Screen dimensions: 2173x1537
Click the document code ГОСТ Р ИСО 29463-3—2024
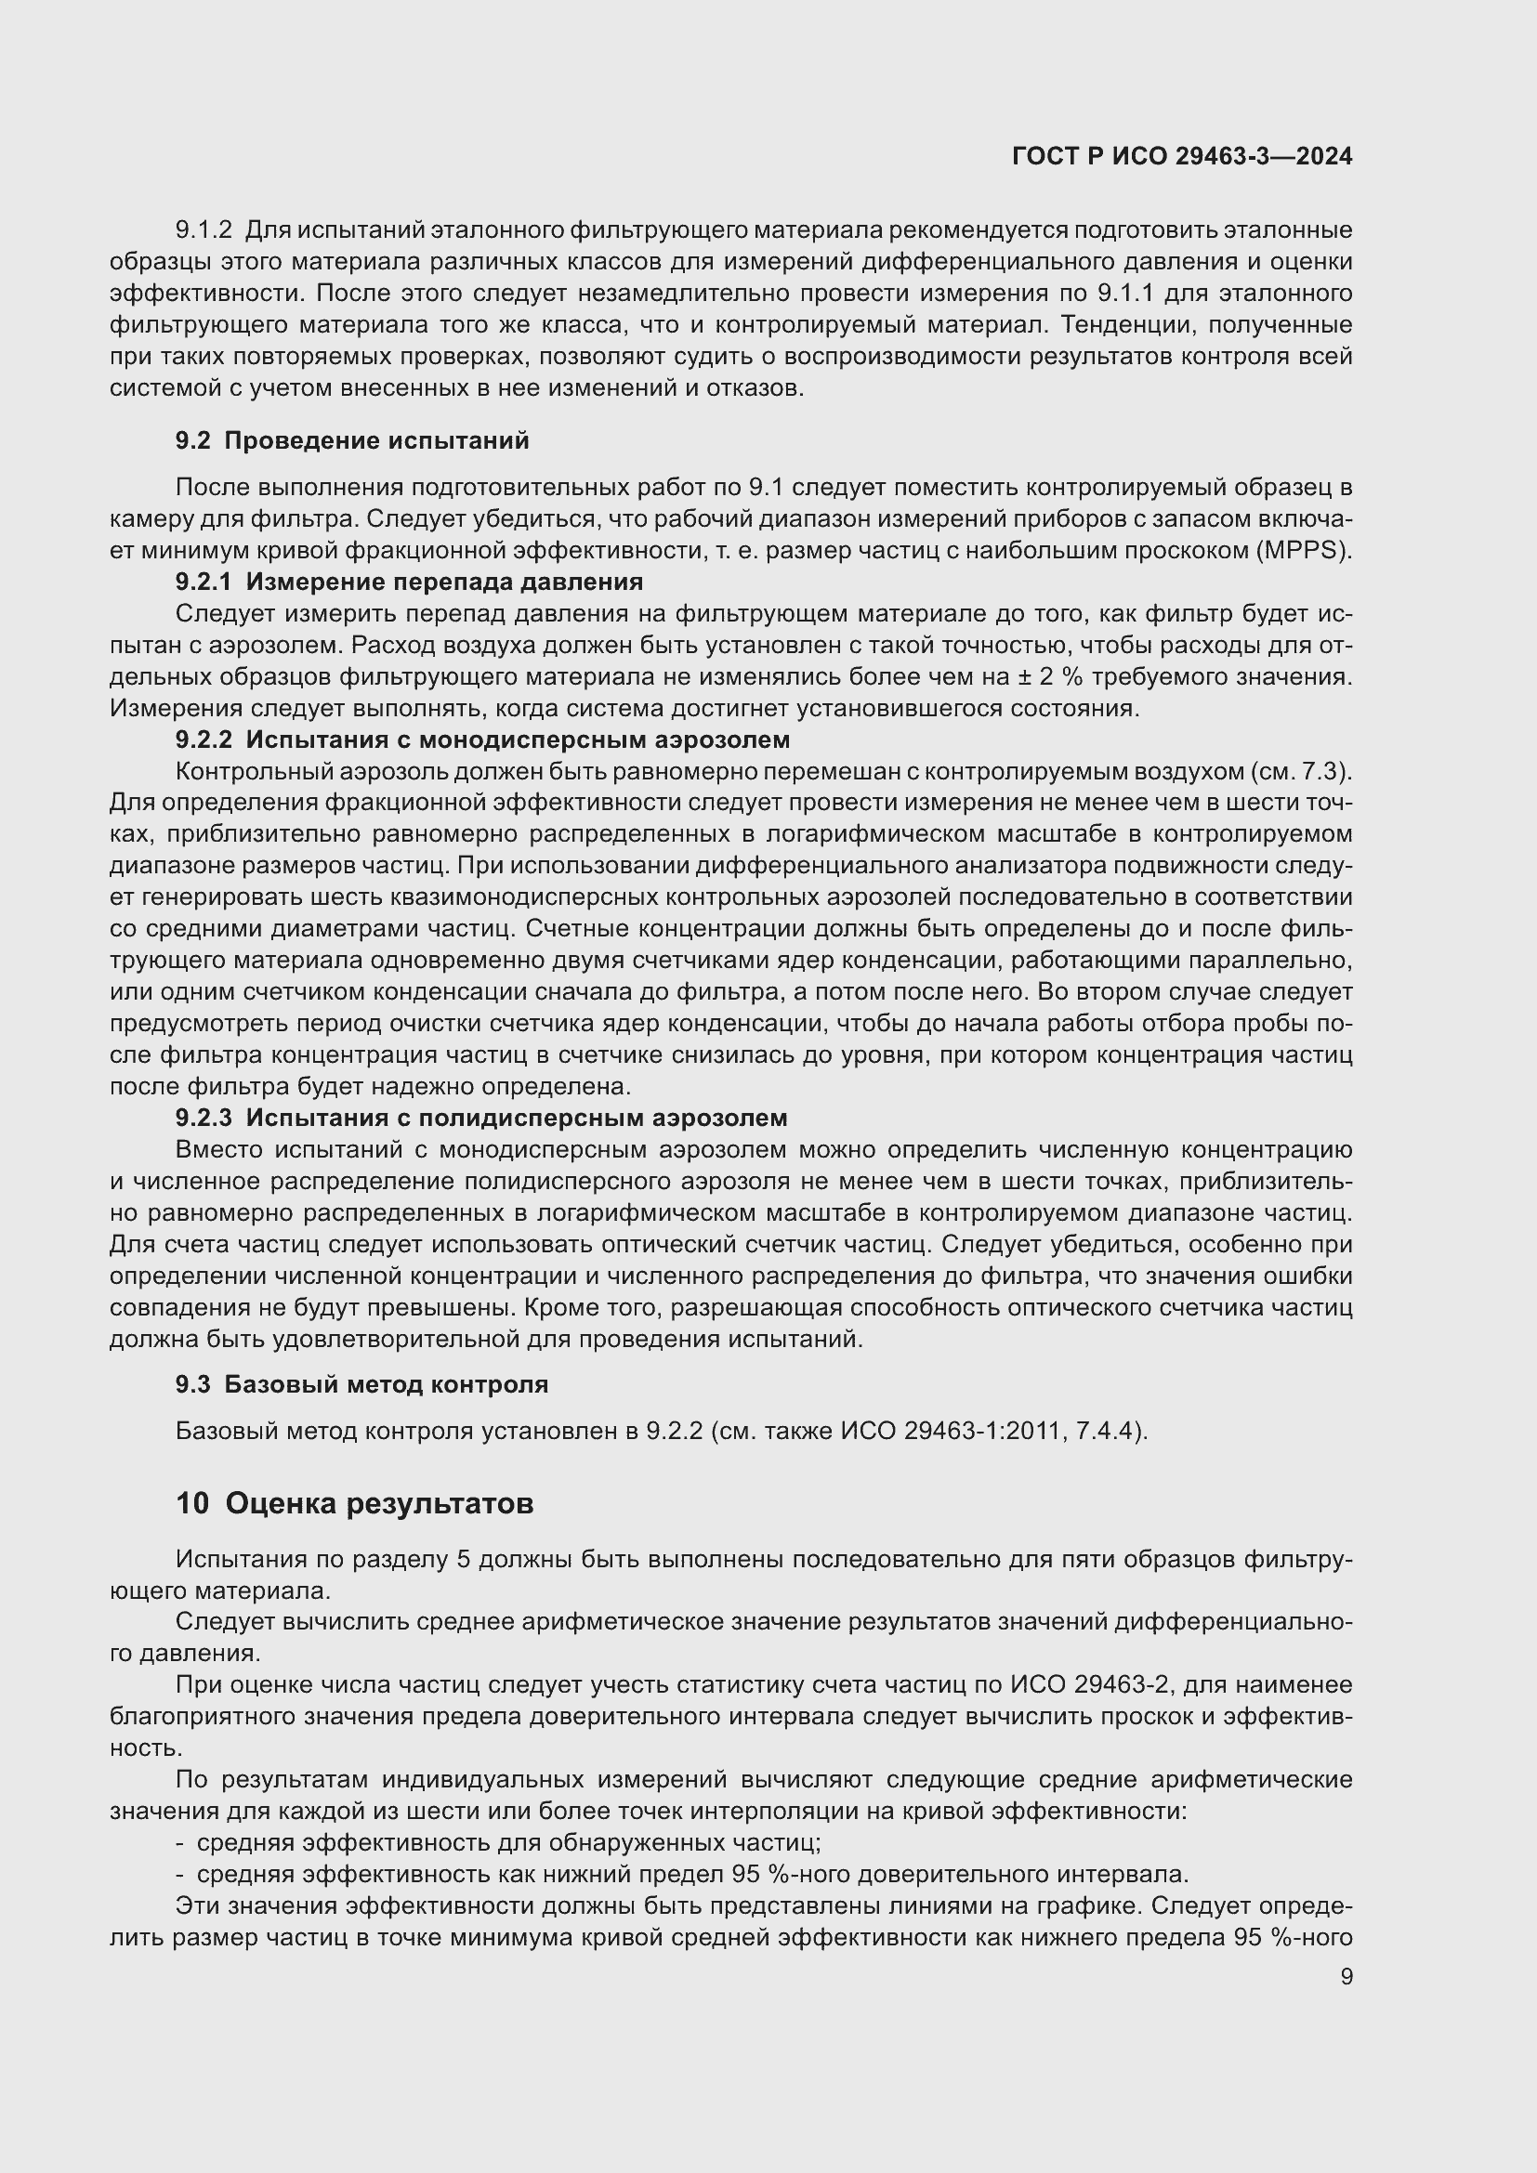click(1181, 156)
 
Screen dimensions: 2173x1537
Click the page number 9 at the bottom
click(1346, 1976)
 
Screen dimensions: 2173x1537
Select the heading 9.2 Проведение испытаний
click(352, 440)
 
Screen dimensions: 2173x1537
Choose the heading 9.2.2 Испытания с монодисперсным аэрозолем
click(481, 740)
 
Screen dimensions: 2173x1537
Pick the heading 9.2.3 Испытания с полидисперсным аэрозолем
click(480, 1118)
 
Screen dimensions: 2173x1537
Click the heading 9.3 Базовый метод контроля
click(361, 1384)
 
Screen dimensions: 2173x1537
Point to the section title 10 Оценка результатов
click(354, 1503)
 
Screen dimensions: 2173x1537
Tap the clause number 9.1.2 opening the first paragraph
click(204, 230)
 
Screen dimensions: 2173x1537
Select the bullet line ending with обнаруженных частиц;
click(508, 1842)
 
